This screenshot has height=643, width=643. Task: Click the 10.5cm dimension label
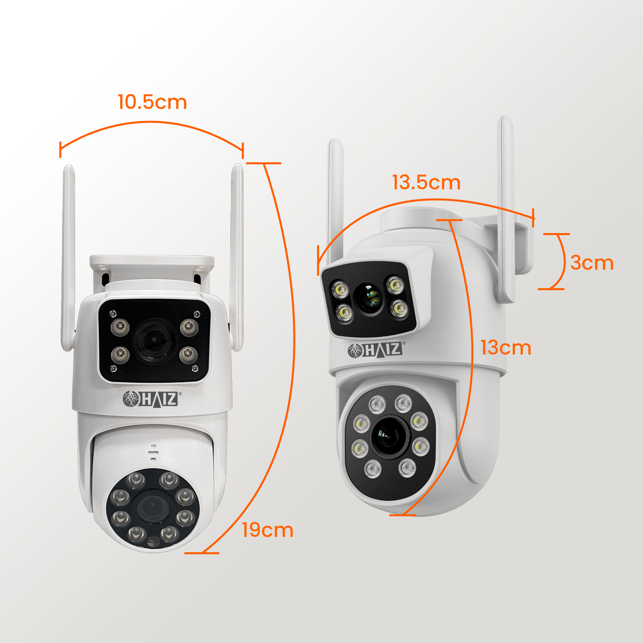152,102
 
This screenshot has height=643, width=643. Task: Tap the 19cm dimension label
268,530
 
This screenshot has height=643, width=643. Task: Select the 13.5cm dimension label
426,182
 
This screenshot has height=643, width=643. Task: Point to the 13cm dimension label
506,348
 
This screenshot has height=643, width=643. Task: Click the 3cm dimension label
592,263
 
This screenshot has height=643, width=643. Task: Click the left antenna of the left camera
68,257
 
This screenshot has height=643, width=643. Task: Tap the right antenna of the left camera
237,257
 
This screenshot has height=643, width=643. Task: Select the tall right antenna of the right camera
506,209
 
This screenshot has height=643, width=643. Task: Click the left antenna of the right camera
336,201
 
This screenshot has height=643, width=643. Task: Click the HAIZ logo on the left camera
152,399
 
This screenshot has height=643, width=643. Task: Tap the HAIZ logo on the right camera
377,350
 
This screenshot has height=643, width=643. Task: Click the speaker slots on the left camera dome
153,453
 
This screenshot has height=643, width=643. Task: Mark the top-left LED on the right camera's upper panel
340,289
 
